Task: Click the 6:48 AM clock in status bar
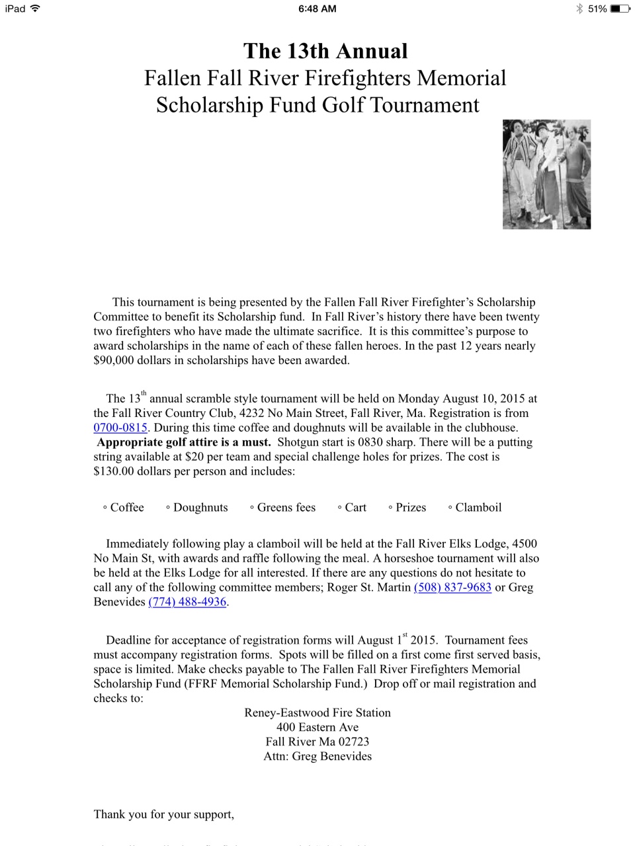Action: (x=317, y=9)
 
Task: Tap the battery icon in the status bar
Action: (x=620, y=9)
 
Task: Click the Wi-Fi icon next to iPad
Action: (x=35, y=9)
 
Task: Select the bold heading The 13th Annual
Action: (x=325, y=51)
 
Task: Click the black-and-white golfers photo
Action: (x=546, y=174)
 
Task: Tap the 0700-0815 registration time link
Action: (x=120, y=428)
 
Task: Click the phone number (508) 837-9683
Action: (x=452, y=587)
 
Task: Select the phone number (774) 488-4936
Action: (x=187, y=601)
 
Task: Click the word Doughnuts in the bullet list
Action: (x=200, y=507)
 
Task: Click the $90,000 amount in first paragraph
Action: (x=114, y=360)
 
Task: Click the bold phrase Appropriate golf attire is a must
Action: (x=184, y=442)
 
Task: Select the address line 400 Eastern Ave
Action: (x=317, y=727)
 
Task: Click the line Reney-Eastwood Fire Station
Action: (x=317, y=712)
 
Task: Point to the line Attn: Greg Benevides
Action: (x=317, y=756)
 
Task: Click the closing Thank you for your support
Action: (x=164, y=814)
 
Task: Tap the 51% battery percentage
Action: (x=597, y=9)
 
